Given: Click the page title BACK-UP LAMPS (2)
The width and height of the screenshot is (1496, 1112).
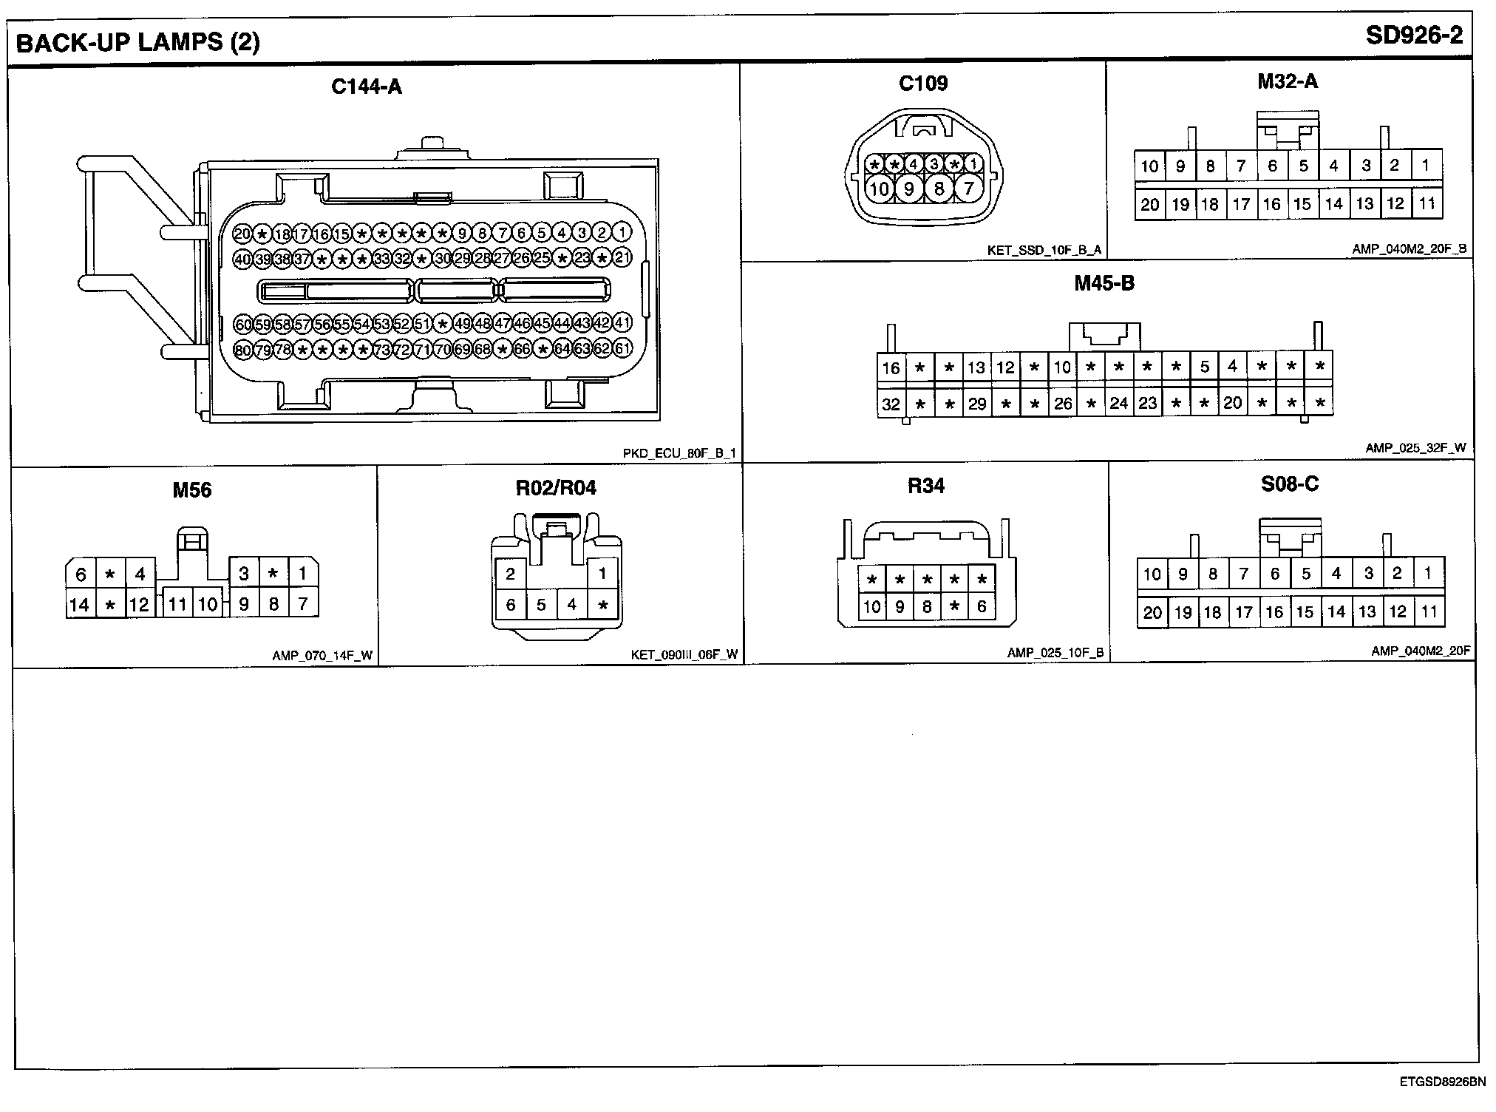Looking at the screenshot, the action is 137,42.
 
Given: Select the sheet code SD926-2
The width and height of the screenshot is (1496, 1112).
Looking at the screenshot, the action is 1414,35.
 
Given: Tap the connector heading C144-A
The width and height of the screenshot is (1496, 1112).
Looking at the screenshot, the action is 366,87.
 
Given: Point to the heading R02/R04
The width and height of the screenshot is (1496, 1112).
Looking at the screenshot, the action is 556,488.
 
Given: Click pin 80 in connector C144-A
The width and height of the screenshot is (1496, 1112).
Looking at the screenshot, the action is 242,350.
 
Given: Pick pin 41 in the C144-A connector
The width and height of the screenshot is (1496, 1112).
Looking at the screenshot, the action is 622,323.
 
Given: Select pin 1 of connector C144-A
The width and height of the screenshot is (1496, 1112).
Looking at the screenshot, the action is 622,233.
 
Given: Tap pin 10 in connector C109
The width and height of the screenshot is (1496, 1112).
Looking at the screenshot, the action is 879,189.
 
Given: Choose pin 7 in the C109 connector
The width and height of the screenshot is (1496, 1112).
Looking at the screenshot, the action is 968,189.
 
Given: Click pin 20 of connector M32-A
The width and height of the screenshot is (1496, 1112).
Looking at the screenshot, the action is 1149,204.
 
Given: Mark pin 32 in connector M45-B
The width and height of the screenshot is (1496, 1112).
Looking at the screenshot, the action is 891,404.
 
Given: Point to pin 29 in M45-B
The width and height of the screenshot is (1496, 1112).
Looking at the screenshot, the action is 977,404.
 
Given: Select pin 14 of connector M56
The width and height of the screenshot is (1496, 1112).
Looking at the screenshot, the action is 79,605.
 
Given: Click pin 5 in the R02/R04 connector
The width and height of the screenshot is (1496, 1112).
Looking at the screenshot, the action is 541,605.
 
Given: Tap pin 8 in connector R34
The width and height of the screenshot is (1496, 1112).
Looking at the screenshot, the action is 927,607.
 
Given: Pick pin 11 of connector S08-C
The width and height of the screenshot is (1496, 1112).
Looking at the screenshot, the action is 1429,611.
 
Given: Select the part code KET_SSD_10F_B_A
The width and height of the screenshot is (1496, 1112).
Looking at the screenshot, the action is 1044,250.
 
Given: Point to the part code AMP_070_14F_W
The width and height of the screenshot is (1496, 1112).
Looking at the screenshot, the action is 322,655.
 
